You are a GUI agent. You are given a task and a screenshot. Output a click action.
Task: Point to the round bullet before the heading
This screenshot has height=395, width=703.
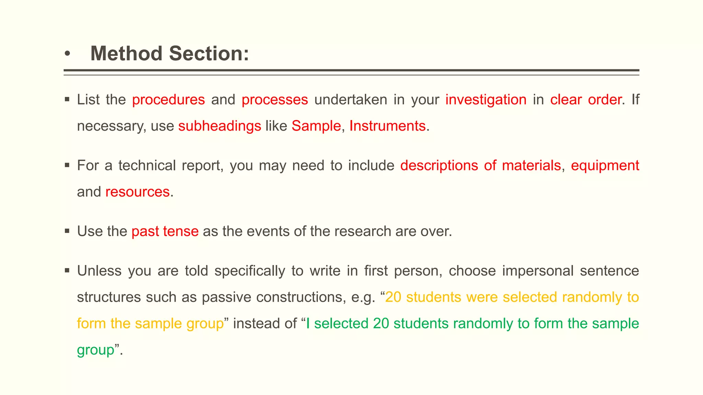point(67,54)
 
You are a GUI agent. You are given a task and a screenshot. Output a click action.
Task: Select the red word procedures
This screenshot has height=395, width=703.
point(168,100)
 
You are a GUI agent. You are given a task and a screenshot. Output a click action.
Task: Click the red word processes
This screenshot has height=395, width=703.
point(275,100)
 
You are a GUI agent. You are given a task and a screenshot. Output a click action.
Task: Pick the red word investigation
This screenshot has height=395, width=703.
point(486,100)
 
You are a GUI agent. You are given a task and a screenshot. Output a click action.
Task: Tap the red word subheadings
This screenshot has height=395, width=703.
point(220,126)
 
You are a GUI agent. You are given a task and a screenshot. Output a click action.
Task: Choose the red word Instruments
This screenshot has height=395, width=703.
point(387,126)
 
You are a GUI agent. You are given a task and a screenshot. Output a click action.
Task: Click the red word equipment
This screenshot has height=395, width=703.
point(605,166)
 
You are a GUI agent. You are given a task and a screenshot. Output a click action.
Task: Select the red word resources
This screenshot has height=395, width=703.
point(137,192)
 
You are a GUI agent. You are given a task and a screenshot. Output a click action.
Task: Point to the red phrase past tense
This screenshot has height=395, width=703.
point(165,231)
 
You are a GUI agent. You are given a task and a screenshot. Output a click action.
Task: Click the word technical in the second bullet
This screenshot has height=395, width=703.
point(147,166)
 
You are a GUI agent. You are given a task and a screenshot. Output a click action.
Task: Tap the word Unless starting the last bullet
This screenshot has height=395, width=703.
point(99,271)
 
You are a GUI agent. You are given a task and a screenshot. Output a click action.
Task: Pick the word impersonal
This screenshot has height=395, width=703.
point(538,271)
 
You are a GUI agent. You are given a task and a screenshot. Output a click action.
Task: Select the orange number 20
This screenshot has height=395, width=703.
point(393,297)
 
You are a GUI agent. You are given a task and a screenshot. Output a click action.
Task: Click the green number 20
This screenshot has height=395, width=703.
point(381,324)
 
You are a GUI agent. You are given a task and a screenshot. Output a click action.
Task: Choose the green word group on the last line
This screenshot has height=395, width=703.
point(95,350)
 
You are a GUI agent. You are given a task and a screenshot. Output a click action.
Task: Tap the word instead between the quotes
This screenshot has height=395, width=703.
point(255,324)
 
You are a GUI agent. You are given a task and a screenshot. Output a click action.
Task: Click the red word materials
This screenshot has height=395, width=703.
point(531,166)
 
